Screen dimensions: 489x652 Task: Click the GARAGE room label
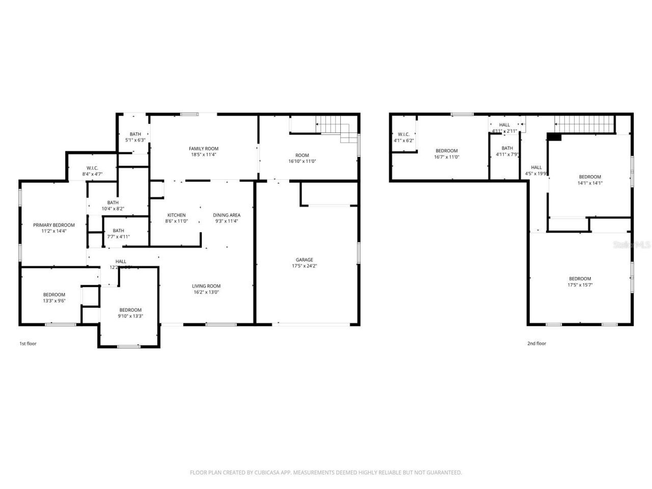(x=305, y=260)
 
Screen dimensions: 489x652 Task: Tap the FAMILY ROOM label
(x=204, y=149)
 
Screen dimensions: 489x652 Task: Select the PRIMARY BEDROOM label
(x=54, y=225)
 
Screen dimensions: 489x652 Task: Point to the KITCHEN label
(x=177, y=215)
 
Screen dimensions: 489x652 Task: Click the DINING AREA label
(x=227, y=215)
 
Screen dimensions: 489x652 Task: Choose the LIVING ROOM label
(x=206, y=286)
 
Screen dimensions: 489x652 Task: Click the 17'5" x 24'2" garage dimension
(x=305, y=266)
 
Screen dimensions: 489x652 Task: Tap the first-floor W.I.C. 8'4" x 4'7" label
(x=92, y=171)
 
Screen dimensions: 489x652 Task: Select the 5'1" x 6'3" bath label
(x=135, y=137)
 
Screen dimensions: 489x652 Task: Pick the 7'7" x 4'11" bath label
(x=118, y=234)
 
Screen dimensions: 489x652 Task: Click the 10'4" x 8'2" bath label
(x=113, y=205)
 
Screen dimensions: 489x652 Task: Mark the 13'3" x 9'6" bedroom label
(x=54, y=297)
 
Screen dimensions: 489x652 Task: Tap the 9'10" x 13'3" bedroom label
(x=130, y=313)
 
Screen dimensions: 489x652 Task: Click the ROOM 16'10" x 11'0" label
(x=302, y=158)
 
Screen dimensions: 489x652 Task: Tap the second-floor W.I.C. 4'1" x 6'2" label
(x=403, y=138)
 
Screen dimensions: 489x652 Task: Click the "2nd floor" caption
(x=536, y=343)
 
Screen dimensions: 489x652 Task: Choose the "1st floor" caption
(x=28, y=343)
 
